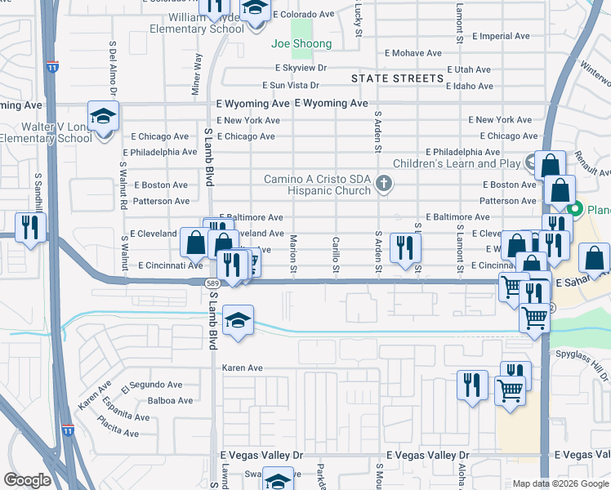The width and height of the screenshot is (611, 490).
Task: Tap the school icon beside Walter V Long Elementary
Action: pyautogui.click(x=104, y=118)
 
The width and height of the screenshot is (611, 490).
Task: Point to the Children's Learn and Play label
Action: pyautogui.click(x=457, y=163)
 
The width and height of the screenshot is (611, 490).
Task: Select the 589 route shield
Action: pyautogui.click(x=212, y=283)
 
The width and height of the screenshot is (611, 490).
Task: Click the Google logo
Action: pyautogui.click(x=27, y=480)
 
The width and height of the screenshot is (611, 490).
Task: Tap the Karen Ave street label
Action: pyautogui.click(x=243, y=367)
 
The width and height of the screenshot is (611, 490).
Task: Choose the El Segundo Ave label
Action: pyautogui.click(x=152, y=385)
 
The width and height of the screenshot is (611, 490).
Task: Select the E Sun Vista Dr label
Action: pyautogui.click(x=290, y=85)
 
